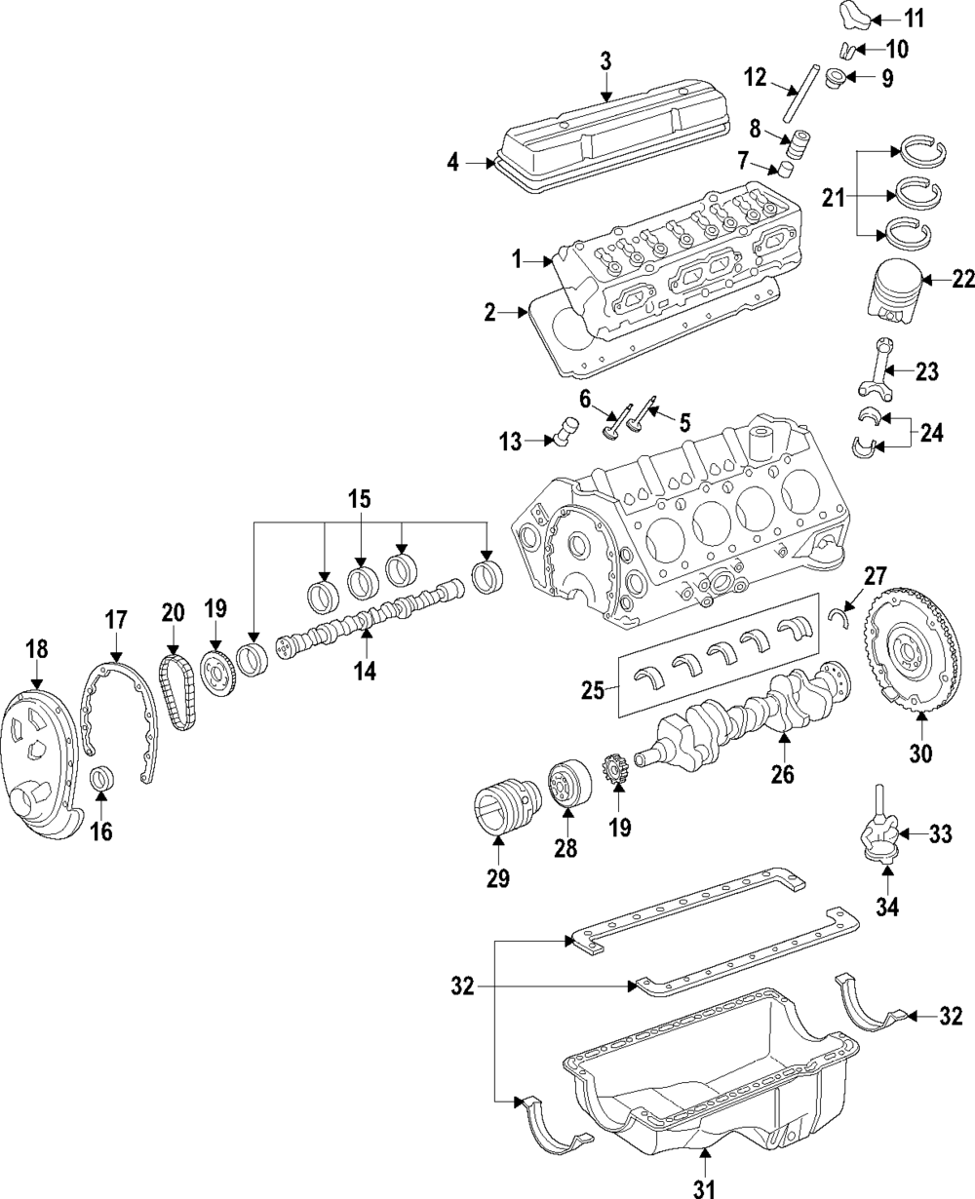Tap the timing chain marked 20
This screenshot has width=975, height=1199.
click(175, 689)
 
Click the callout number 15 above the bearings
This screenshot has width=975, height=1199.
click(360, 499)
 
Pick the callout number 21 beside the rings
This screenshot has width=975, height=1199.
click(832, 198)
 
